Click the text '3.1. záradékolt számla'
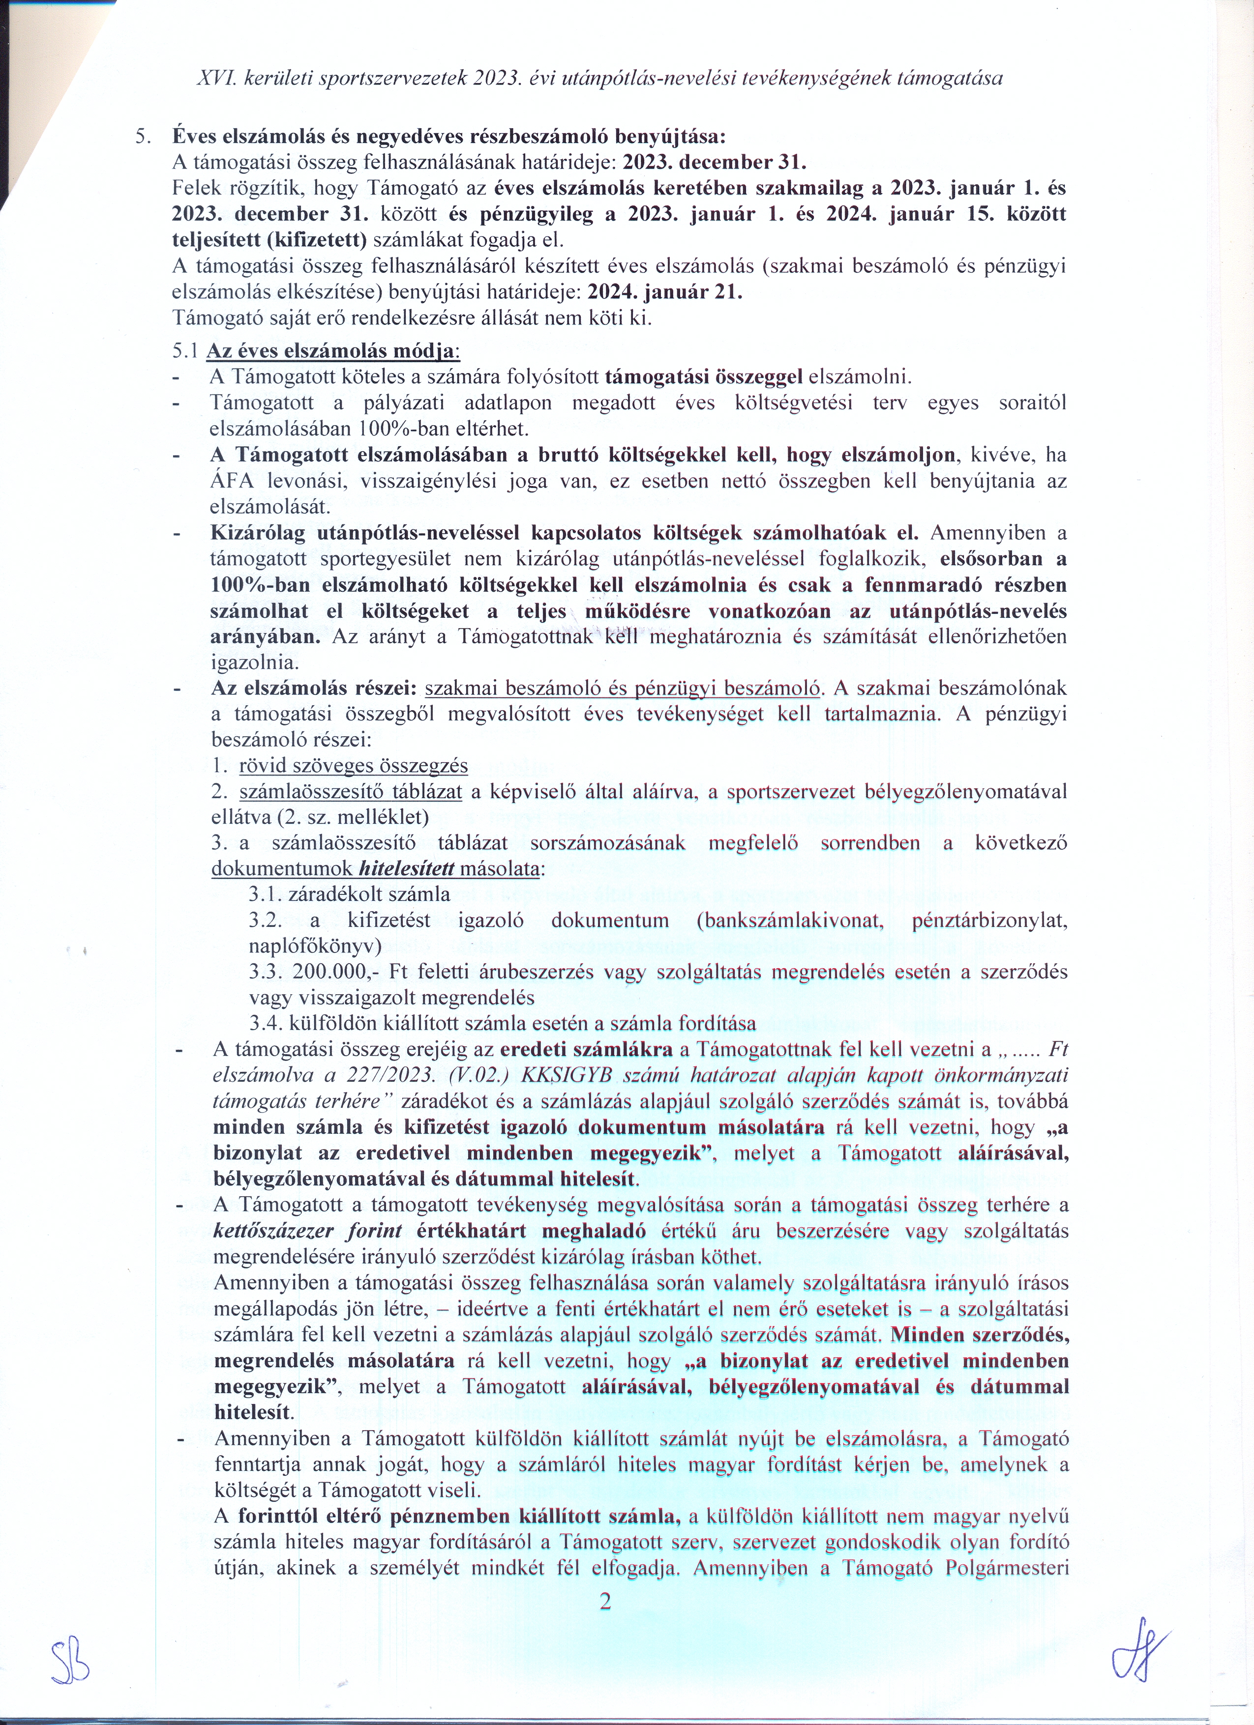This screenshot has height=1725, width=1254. pyautogui.click(x=349, y=894)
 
